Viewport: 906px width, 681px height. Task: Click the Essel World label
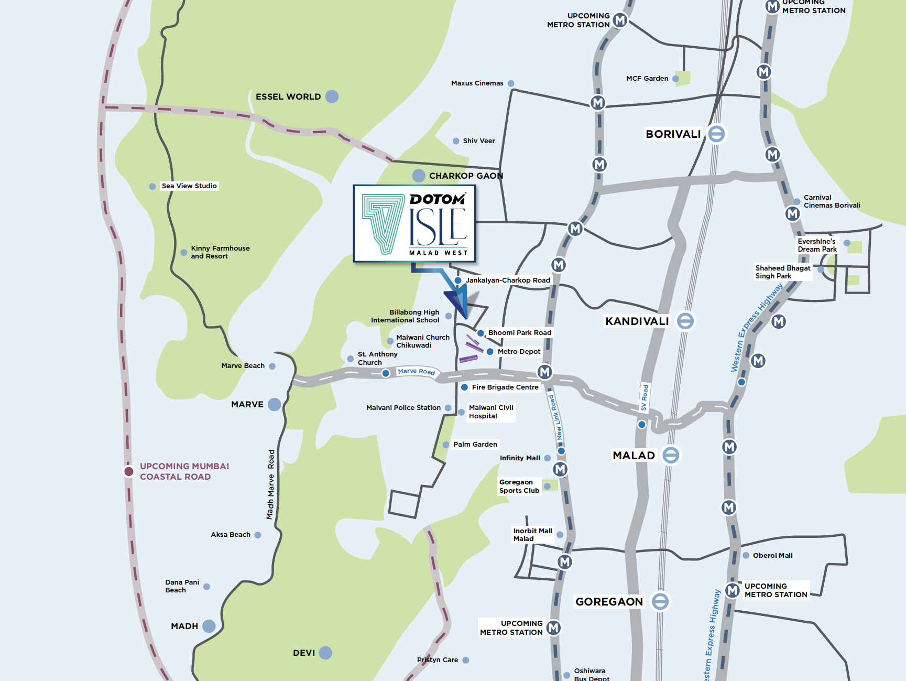pos(288,96)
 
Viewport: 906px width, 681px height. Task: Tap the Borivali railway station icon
pos(716,134)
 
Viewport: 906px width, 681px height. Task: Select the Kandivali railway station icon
pos(685,321)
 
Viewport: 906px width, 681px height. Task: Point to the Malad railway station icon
pos(671,455)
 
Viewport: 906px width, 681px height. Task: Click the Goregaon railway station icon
pos(660,601)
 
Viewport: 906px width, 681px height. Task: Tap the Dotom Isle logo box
pos(414,223)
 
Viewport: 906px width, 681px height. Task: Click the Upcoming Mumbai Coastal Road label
pos(184,471)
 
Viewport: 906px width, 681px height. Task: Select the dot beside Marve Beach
pos(272,366)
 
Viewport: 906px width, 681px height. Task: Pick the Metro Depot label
pos(519,352)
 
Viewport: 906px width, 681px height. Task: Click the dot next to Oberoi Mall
pos(746,555)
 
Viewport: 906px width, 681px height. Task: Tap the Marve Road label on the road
pos(416,371)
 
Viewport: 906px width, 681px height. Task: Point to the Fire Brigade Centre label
pos(505,387)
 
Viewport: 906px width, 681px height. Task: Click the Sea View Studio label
pos(189,186)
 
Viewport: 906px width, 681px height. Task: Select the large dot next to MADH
pos(209,626)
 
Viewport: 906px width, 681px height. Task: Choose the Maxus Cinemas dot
pos(511,83)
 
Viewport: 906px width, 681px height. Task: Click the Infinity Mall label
pos(519,458)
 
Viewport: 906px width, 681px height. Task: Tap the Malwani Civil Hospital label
pos(490,412)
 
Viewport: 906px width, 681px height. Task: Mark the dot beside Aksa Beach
pos(258,535)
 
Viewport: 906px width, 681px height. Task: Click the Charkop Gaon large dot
pos(419,176)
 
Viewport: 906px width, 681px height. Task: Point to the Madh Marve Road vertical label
pos(271,484)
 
